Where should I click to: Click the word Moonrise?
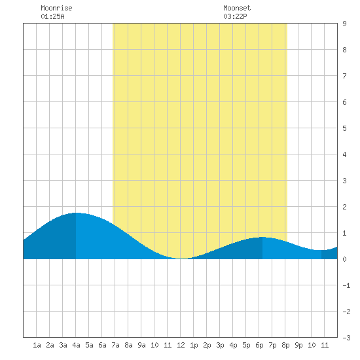(x=56, y=8)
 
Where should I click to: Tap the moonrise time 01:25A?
(x=52, y=16)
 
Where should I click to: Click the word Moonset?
(x=237, y=8)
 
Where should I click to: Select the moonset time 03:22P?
(x=235, y=16)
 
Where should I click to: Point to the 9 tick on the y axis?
(x=344, y=24)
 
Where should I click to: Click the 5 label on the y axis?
(x=344, y=128)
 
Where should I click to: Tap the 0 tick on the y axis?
(x=344, y=259)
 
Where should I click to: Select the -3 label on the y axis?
(x=347, y=338)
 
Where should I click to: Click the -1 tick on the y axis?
(x=347, y=285)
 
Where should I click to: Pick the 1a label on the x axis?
(x=37, y=345)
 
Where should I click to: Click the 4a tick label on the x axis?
(x=76, y=345)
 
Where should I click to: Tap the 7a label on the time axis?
(x=115, y=345)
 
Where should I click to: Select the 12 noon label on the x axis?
(x=181, y=345)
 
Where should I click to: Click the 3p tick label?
(x=220, y=345)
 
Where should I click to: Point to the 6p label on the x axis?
(x=259, y=345)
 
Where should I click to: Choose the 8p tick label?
(x=285, y=345)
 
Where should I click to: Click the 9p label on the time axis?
(x=298, y=345)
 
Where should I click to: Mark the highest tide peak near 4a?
(x=76, y=213)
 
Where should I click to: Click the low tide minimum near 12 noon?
(x=181, y=259)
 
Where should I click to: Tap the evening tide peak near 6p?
(x=262, y=237)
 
